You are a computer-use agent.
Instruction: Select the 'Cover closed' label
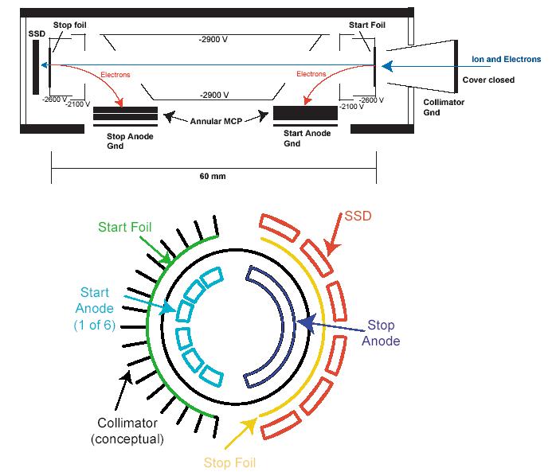click(488, 80)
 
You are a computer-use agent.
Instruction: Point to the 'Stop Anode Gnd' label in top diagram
click(130, 140)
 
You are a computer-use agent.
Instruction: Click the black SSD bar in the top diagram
click(37, 68)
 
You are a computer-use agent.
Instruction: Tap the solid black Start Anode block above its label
click(304, 113)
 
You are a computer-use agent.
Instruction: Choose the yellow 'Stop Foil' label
click(229, 462)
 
